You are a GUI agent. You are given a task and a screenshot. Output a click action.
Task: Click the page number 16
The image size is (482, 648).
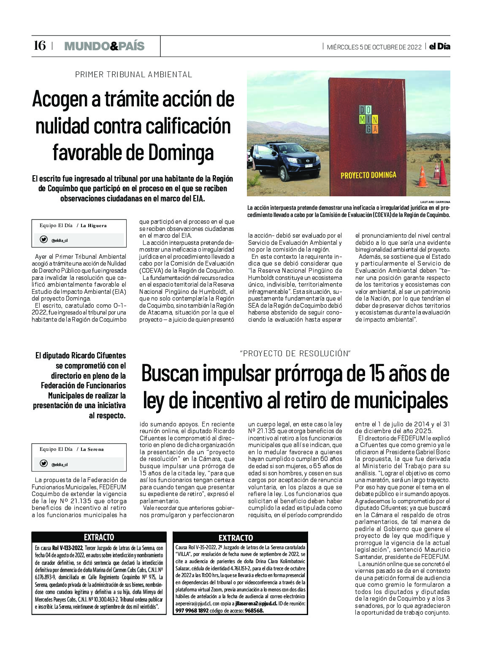point(39,46)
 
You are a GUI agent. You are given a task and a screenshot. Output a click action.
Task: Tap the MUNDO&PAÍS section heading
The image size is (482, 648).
point(104,46)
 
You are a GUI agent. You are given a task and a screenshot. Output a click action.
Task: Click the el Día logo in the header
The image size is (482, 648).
point(439,46)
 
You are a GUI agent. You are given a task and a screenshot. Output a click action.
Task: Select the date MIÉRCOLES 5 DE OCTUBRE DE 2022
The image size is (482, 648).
point(374,47)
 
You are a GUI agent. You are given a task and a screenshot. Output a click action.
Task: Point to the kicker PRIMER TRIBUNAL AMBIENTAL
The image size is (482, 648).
point(133,75)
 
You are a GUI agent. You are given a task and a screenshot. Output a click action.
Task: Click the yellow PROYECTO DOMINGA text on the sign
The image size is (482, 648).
point(368,175)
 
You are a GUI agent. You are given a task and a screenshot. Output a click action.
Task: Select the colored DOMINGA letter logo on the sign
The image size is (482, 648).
point(368,119)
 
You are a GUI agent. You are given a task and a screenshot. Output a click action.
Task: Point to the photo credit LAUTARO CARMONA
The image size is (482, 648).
point(435,202)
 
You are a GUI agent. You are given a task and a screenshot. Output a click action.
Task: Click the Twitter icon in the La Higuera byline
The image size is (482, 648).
point(43,240)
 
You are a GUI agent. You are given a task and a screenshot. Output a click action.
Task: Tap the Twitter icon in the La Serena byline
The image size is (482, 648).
point(43,464)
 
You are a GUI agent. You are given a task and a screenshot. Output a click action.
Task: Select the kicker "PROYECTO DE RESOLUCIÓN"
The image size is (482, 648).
point(295,354)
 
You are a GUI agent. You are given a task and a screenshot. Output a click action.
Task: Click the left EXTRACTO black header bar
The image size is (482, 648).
point(99,537)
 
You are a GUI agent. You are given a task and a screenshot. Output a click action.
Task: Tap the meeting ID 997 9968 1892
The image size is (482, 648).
point(192,610)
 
